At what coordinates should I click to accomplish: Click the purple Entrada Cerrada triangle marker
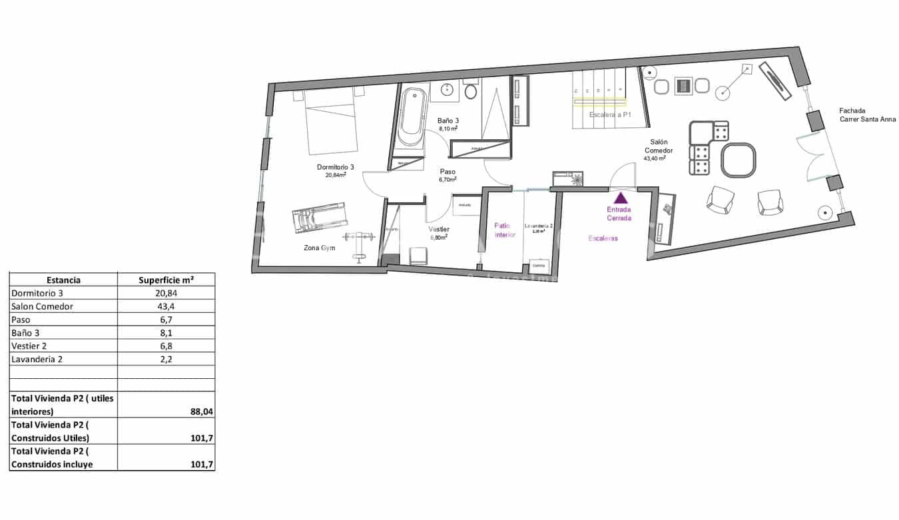[x=621, y=198]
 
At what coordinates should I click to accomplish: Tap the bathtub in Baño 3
[x=413, y=117]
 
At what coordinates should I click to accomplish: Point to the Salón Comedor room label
[x=659, y=146]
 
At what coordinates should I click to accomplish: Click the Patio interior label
[x=504, y=230]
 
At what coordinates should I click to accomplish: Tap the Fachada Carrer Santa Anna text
[x=867, y=115]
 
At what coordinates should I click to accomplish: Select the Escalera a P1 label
[x=610, y=115]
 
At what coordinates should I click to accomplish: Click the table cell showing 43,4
[x=166, y=306]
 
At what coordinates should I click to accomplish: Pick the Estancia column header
[x=63, y=280]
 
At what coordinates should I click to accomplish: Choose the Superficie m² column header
[x=166, y=280]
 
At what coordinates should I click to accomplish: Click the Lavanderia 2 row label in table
[x=37, y=359]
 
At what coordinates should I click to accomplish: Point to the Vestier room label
[x=438, y=230]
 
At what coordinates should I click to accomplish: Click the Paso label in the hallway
[x=447, y=171]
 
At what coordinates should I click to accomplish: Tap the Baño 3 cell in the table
[x=29, y=332]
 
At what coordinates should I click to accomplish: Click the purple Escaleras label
[x=603, y=238]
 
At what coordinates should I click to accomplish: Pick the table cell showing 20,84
[x=166, y=293]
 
